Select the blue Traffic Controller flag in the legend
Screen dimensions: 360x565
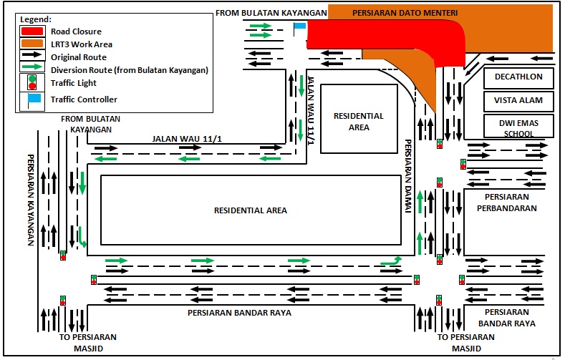coord(32,99)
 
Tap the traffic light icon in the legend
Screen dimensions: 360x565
coord(31,83)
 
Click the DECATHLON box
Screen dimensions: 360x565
coord(518,77)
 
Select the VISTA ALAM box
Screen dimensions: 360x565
coord(518,101)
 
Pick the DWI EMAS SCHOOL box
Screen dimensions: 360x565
coord(518,127)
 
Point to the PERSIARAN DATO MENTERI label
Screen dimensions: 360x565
coord(405,13)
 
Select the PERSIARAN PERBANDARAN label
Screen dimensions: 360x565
coord(511,203)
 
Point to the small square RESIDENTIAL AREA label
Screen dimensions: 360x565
coord(359,121)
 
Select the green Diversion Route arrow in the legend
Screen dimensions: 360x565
coord(31,69)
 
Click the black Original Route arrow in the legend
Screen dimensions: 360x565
coord(31,57)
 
